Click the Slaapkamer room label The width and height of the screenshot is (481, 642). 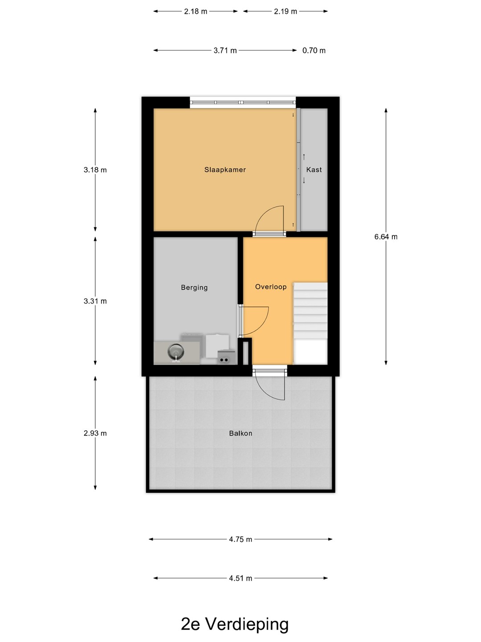pyautogui.click(x=225, y=170)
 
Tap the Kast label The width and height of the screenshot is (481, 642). pyautogui.click(x=314, y=170)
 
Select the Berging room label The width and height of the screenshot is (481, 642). pyautogui.click(x=194, y=288)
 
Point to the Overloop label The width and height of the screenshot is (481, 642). pyautogui.click(x=271, y=287)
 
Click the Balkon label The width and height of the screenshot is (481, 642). pyautogui.click(x=240, y=433)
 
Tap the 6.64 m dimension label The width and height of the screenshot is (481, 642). pyautogui.click(x=386, y=237)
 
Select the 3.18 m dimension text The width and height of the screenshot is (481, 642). pyautogui.click(x=95, y=170)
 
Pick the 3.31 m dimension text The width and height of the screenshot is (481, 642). pyautogui.click(x=95, y=301)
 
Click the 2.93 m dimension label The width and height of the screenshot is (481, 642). pyautogui.click(x=95, y=433)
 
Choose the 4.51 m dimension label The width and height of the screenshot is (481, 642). pyautogui.click(x=240, y=578)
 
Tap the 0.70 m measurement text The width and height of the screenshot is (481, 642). pyautogui.click(x=314, y=50)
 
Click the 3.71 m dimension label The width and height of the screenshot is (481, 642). pyautogui.click(x=225, y=50)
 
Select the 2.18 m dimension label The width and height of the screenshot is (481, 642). pyautogui.click(x=196, y=12)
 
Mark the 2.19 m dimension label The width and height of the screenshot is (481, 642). pyautogui.click(x=285, y=12)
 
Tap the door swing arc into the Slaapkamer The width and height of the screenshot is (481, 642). pyautogui.click(x=263, y=214)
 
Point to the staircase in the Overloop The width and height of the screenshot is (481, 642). pyautogui.click(x=310, y=323)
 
